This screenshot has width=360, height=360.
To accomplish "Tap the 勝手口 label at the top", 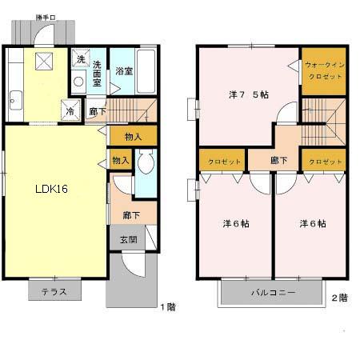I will pos(46,17).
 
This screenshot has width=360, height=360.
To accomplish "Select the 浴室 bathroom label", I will pos(123,70).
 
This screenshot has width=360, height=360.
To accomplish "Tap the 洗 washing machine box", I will pos(81,58).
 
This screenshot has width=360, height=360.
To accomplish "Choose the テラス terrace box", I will pos(54,292).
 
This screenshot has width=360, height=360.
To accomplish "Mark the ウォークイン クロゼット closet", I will pos(324,71).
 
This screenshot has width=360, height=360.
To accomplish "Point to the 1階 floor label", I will pos(166,306).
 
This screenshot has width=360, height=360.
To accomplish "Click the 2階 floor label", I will pos(339,298).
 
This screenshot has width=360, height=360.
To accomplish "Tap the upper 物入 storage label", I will pos(133,137).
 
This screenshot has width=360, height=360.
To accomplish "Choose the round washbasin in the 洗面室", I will pos(77,80).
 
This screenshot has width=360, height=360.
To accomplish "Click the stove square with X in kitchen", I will pos(43,60).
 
